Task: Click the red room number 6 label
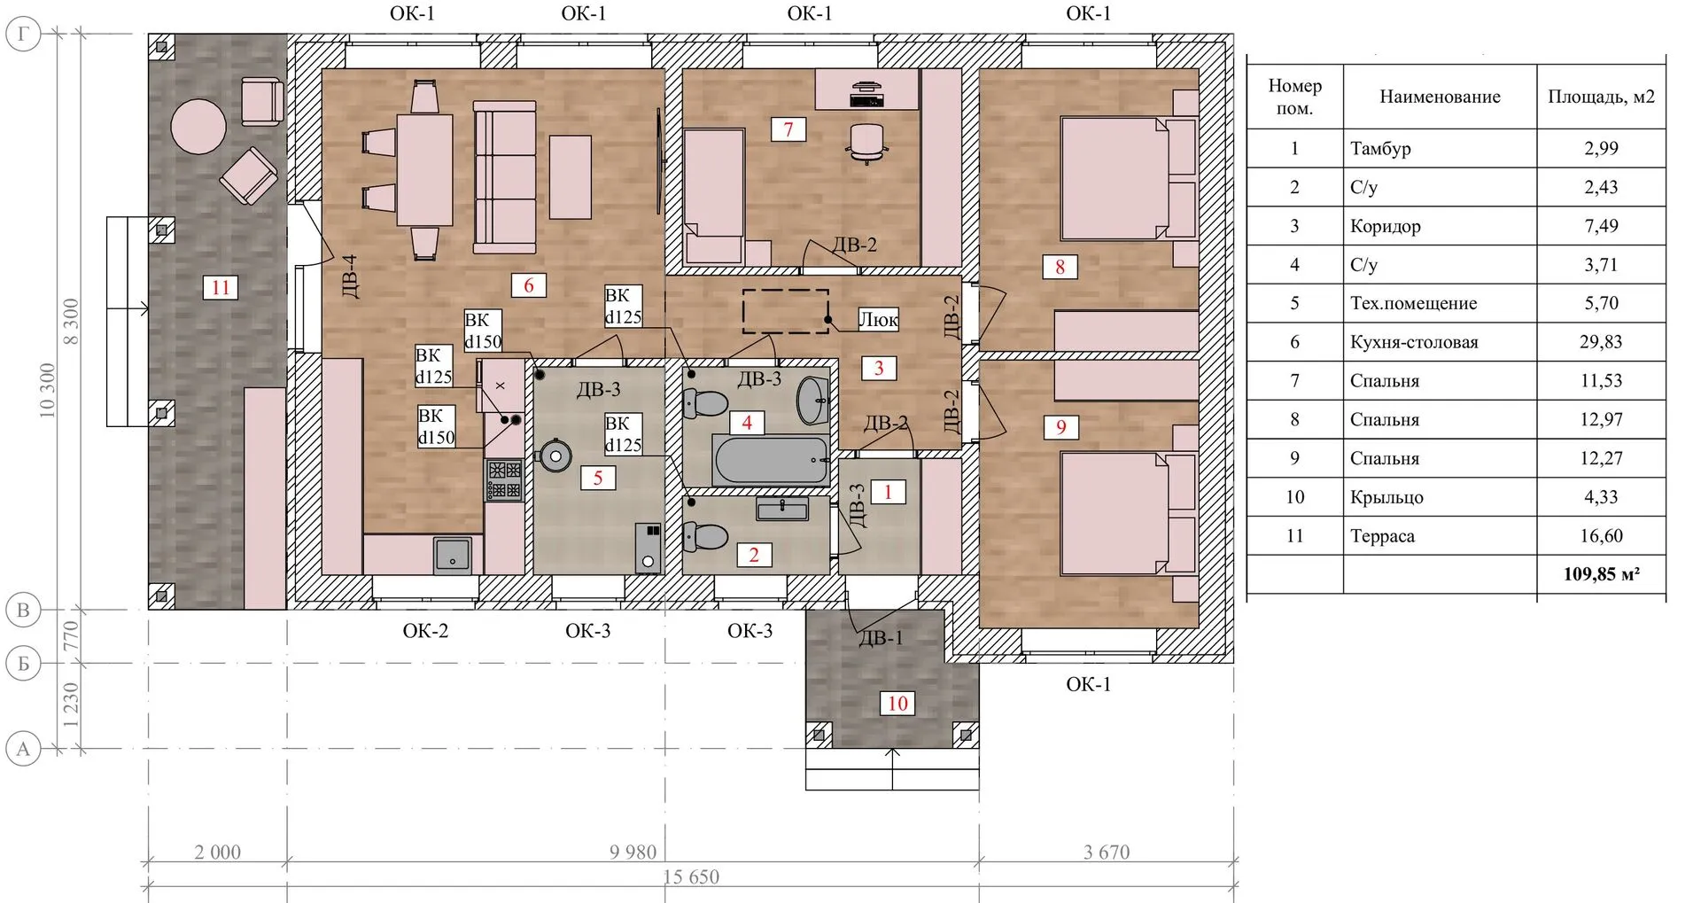(529, 285)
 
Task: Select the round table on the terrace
(198, 126)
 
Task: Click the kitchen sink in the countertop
(453, 555)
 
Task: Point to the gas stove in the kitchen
(504, 479)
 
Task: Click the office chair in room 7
(867, 143)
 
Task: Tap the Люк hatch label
(878, 319)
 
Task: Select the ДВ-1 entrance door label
(881, 637)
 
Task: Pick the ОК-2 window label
(425, 631)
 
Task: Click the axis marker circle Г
(23, 35)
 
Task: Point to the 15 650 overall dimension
(691, 877)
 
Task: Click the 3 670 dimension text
(1107, 852)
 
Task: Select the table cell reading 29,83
(1601, 342)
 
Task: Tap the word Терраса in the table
(1382, 536)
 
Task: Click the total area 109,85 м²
(1601, 574)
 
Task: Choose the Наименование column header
(1440, 97)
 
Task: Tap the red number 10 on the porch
(897, 704)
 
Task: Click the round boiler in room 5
(555, 455)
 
